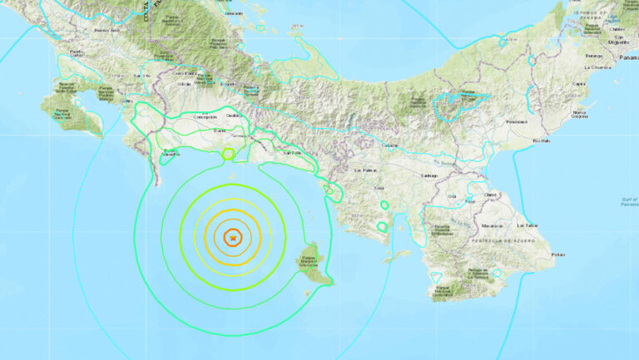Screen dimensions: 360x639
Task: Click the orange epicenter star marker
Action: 233,239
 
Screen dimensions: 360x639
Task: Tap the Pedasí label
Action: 557,254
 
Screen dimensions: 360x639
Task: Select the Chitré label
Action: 491,194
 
